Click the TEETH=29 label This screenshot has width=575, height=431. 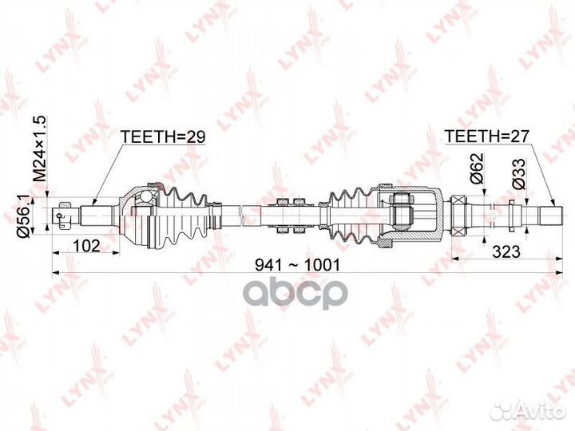click(x=163, y=136)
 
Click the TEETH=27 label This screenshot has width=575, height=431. click(x=487, y=136)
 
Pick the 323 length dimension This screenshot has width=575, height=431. click(x=506, y=251)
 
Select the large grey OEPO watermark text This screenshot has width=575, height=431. click(x=288, y=294)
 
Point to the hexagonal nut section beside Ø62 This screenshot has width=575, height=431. click(x=460, y=215)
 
